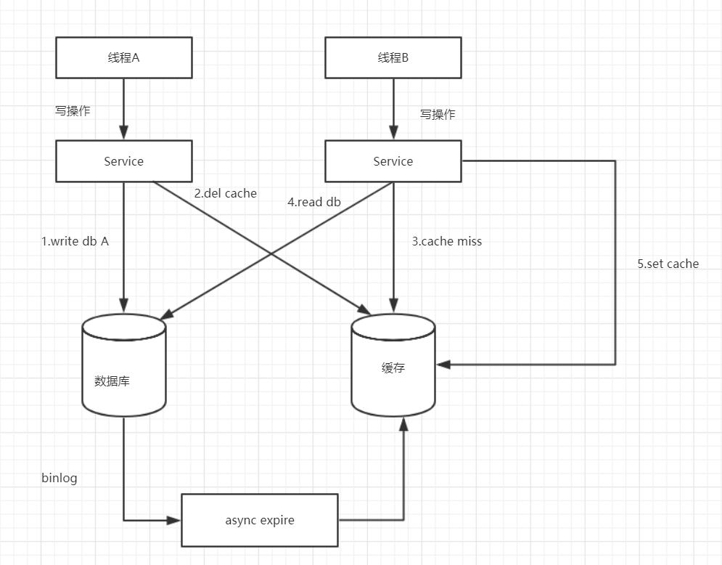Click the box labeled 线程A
point(123,58)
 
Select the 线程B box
point(393,58)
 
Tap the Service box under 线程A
point(123,161)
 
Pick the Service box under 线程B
point(393,161)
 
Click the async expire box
point(259,520)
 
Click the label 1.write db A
point(75,242)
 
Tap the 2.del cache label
point(225,193)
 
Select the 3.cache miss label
point(446,241)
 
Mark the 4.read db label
point(313,203)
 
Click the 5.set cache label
point(668,264)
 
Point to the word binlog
point(59,478)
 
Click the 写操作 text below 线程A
point(73,111)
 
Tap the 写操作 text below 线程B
point(438,114)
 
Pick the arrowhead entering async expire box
point(174,520)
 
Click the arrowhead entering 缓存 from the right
point(443,365)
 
